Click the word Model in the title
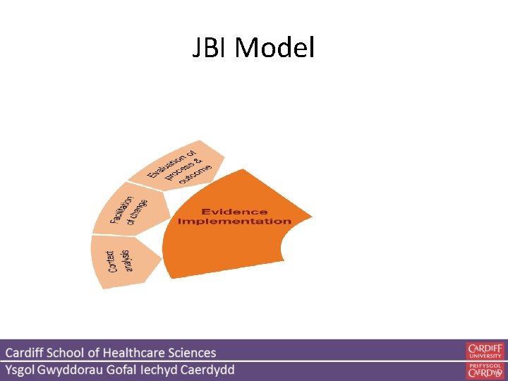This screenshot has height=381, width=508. click(x=274, y=49)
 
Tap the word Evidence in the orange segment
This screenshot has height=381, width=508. click(x=234, y=212)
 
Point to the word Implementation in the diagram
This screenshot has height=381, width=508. click(x=234, y=222)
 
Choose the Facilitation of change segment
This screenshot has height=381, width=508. click(x=131, y=210)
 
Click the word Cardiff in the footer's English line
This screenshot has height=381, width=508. click(x=27, y=353)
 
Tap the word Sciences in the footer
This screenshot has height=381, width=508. click(x=193, y=353)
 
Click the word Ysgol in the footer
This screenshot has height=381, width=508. click(x=24, y=370)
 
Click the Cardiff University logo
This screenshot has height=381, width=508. click(x=485, y=351)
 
